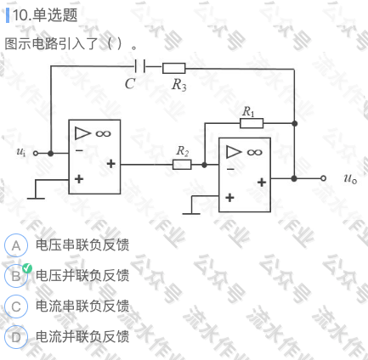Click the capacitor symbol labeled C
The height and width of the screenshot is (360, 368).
click(x=139, y=66)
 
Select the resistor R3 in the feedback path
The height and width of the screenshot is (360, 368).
click(x=173, y=68)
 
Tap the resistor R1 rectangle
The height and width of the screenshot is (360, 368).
click(x=252, y=123)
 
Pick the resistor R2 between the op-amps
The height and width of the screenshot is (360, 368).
click(x=182, y=165)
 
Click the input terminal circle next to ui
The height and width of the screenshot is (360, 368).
click(x=36, y=154)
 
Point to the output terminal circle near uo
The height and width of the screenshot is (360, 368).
click(x=323, y=178)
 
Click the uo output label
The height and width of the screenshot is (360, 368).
click(x=350, y=178)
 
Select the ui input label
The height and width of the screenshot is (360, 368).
click(x=21, y=152)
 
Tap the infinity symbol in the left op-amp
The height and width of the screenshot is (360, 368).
click(x=103, y=133)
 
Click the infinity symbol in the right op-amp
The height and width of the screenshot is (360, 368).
click(x=254, y=153)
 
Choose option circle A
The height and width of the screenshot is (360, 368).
click(x=16, y=245)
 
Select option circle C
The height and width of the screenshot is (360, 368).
click(x=16, y=307)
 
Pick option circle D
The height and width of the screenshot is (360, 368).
click(x=16, y=337)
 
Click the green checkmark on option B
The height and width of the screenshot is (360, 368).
click(x=27, y=268)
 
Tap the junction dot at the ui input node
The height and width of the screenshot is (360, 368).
click(x=51, y=154)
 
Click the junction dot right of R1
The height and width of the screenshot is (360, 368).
click(x=295, y=123)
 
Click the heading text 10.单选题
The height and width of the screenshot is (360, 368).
click(x=45, y=15)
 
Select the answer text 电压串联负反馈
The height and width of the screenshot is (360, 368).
click(x=82, y=245)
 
